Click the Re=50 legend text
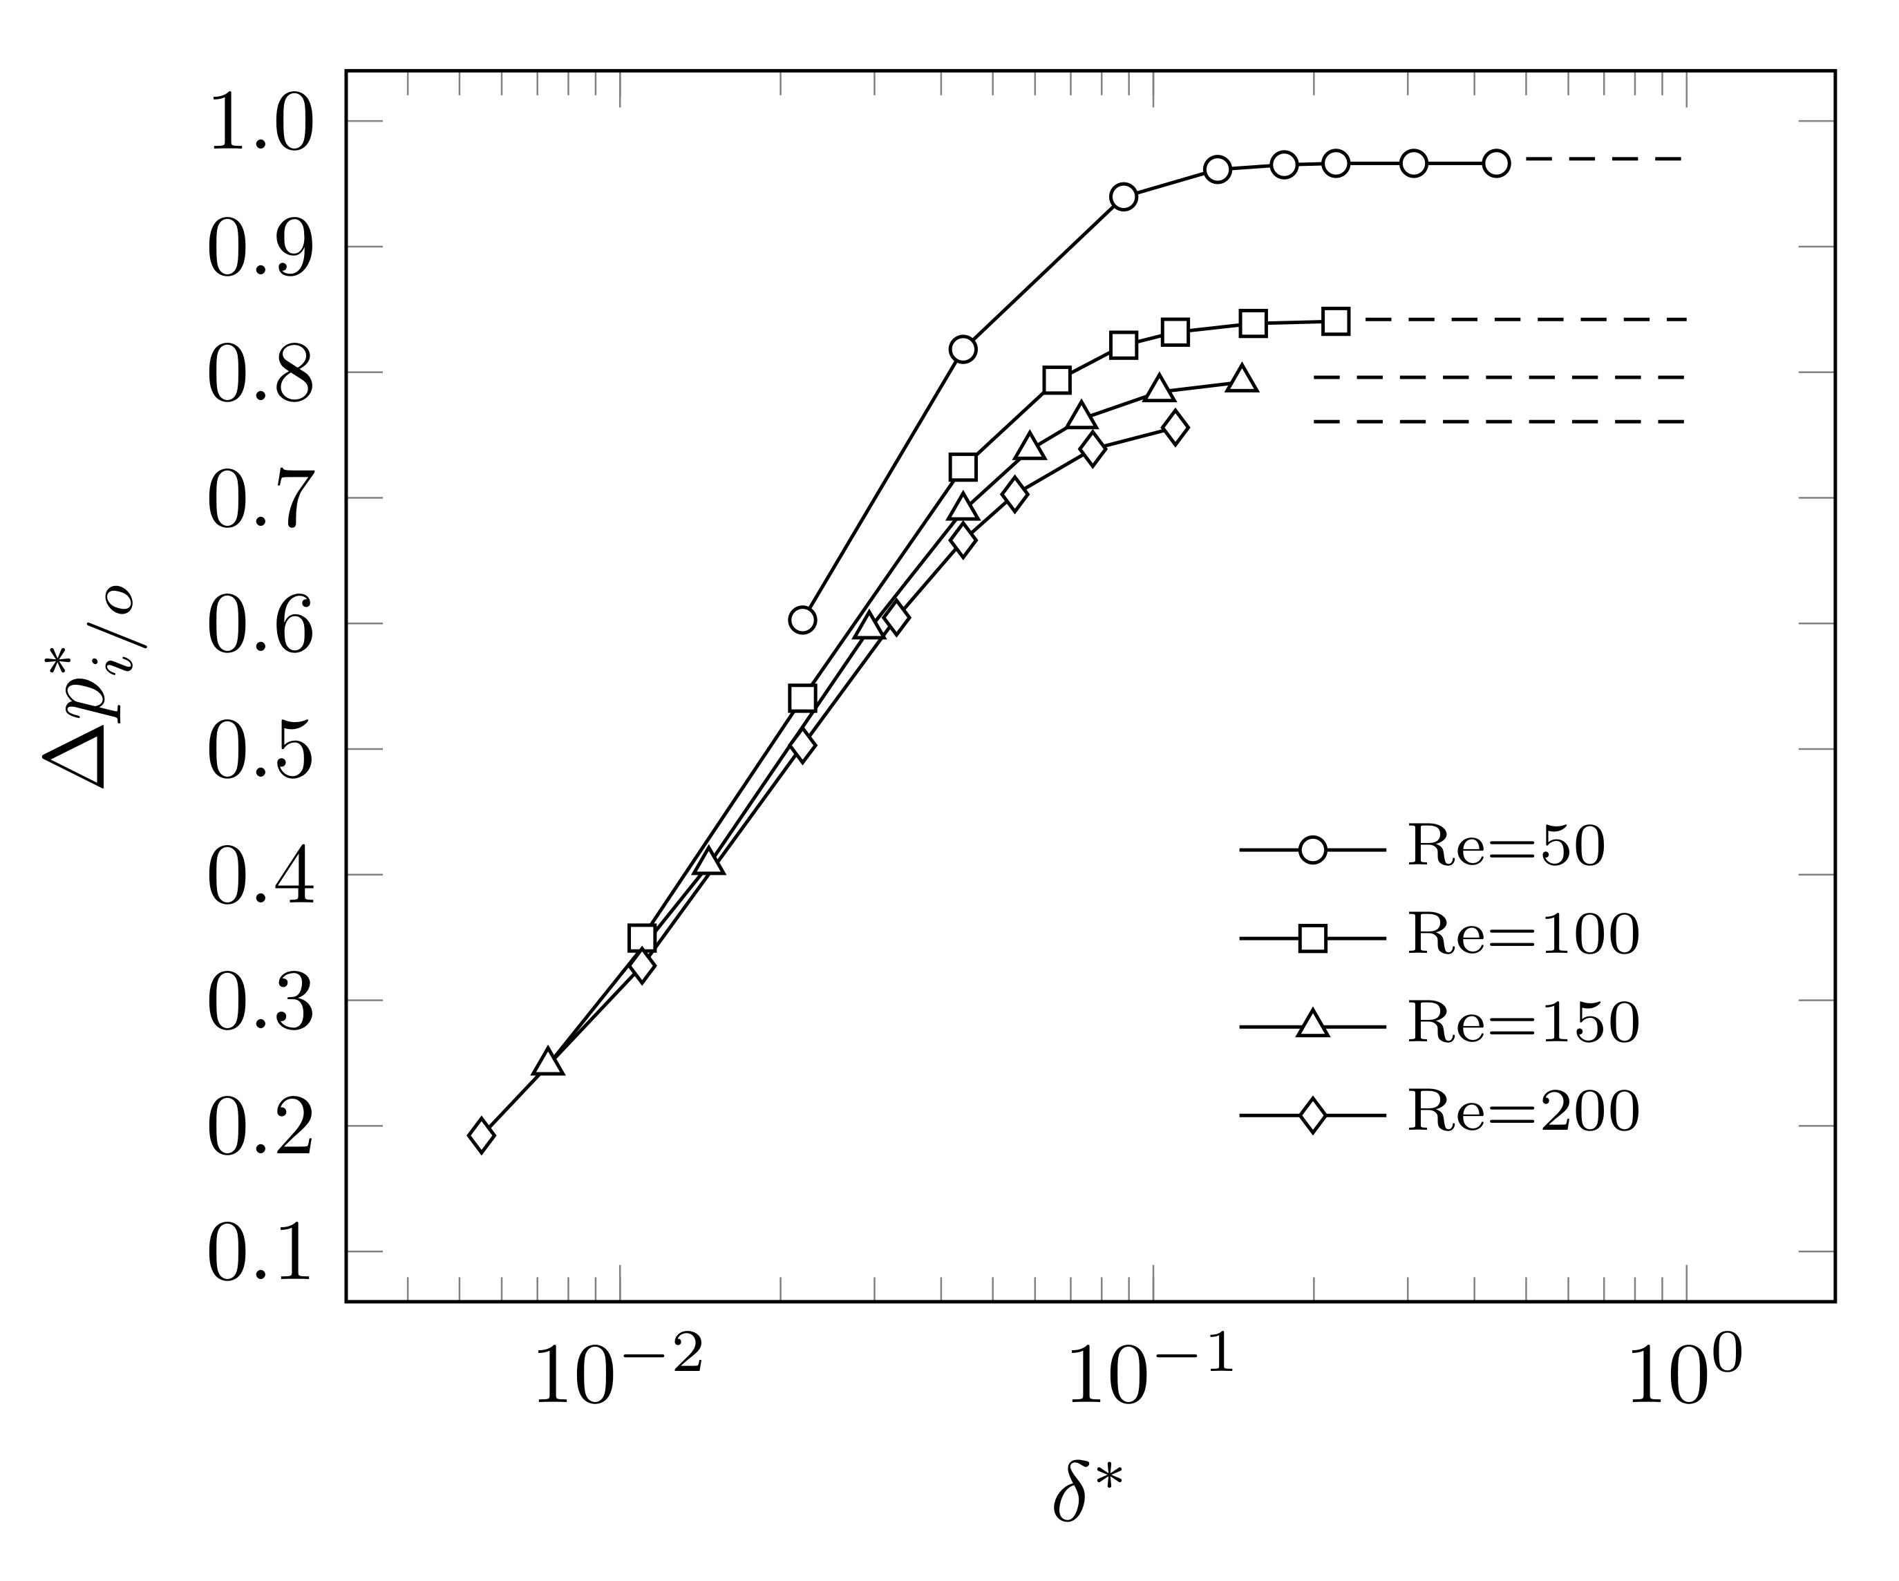point(1506,846)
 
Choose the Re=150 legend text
point(1523,1023)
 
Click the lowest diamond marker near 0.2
point(482,1135)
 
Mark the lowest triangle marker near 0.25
point(548,1063)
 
